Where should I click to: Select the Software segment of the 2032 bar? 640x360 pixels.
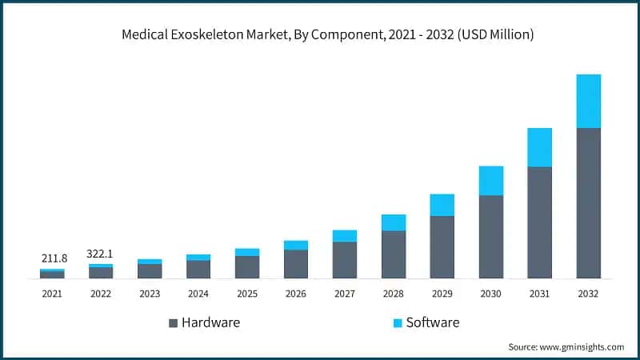pos(588,101)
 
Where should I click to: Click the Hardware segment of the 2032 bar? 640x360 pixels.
pos(588,203)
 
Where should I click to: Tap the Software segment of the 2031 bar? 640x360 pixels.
pos(539,147)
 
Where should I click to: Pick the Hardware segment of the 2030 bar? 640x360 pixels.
pos(490,237)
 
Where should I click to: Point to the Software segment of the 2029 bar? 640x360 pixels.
pos(442,205)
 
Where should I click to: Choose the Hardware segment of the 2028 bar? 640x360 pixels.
pos(393,254)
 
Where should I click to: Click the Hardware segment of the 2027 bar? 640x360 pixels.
pos(344,260)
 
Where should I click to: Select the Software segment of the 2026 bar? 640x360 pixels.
pos(295,245)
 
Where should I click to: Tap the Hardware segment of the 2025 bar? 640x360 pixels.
pos(247,267)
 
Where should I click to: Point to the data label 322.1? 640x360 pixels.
pos(100,254)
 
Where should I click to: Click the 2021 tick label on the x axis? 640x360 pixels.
pos(52,294)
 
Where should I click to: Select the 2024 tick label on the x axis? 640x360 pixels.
pos(198,294)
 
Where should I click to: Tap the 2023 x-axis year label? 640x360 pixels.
pos(150,294)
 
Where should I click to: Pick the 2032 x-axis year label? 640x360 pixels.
pos(588,294)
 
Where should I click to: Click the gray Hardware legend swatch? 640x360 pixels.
pos(173,323)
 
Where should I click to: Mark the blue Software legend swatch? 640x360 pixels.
pos(398,323)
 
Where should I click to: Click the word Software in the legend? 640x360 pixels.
pos(433,322)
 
